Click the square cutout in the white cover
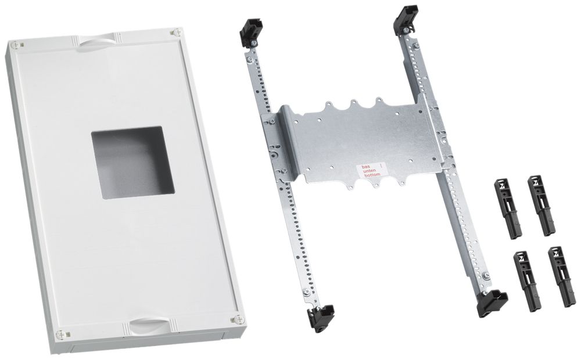(x=132, y=163)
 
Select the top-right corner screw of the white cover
(x=173, y=33)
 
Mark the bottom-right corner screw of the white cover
(x=236, y=319)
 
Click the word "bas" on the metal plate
(x=366, y=167)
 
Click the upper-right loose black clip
(x=540, y=204)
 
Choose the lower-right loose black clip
(x=560, y=276)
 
